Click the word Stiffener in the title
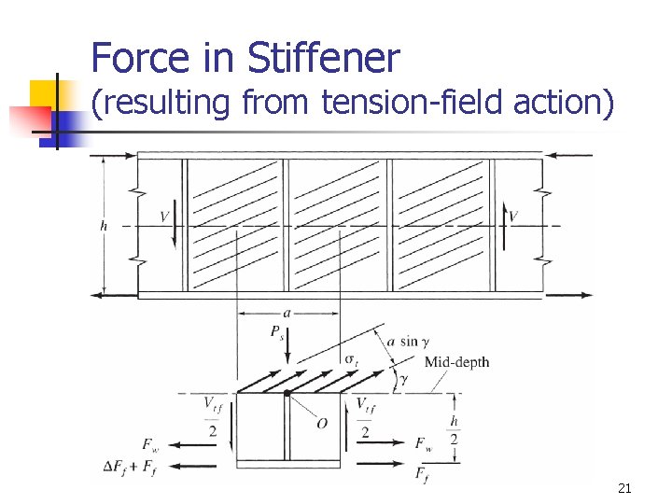(x=324, y=59)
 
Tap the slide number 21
(x=624, y=487)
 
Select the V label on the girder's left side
(x=164, y=217)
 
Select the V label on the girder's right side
(x=512, y=217)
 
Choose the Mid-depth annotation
(x=456, y=362)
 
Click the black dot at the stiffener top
(x=287, y=394)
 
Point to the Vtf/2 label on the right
(x=365, y=415)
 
